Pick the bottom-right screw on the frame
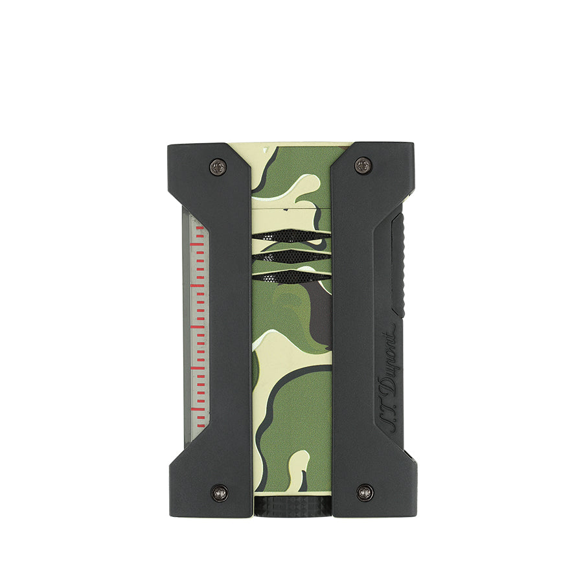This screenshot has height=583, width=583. coord(364,492)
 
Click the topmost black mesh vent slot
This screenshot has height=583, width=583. coord(291,236)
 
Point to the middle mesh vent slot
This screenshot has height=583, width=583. coord(291,257)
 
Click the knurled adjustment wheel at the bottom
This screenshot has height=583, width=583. coord(291,507)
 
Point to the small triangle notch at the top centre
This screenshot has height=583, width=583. coord(266,150)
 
